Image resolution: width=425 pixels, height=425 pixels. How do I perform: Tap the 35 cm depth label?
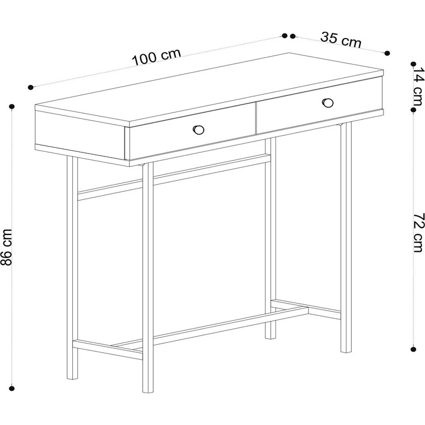tap(341, 40)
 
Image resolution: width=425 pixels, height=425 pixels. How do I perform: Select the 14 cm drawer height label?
tap(417, 87)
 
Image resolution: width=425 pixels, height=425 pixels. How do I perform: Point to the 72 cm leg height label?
tap(418, 233)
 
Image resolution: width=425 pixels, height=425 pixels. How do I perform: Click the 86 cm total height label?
tap(7, 247)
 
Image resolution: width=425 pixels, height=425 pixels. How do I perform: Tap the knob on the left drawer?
tap(199, 130)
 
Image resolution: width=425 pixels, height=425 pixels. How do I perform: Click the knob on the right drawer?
tap(328, 103)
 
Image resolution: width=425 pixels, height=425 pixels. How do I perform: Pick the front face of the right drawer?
tap(319, 105)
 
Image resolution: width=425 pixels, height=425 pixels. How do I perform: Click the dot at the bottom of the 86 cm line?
tap(12, 389)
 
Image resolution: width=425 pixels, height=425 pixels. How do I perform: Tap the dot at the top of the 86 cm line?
tap(12, 107)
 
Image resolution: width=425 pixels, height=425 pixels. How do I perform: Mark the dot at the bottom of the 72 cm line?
tap(413, 350)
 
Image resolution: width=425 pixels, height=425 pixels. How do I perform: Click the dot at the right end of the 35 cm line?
tap(387, 53)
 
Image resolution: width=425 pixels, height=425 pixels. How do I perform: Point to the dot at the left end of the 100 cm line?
tap(31, 87)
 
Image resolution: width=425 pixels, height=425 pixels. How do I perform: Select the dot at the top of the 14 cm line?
tap(413, 64)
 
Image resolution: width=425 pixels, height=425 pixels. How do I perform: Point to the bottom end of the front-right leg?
tap(346, 352)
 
